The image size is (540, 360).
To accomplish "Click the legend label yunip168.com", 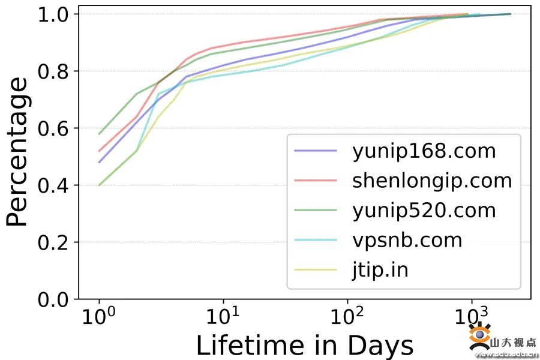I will pyautogui.click(x=424, y=151).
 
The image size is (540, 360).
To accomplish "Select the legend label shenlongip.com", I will pyautogui.click(x=432, y=181).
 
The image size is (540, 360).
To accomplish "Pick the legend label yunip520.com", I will pyautogui.click(x=424, y=211).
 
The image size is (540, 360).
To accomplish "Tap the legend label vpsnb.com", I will pyautogui.click(x=407, y=240).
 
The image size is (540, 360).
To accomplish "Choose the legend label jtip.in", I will pyautogui.click(x=380, y=270).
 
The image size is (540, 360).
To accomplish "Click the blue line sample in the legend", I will pyautogui.click(x=316, y=151).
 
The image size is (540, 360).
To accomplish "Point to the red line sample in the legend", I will pyautogui.click(x=316, y=181).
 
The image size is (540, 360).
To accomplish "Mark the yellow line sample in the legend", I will pyautogui.click(x=316, y=270).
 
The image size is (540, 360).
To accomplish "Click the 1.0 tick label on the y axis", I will pyautogui.click(x=54, y=14).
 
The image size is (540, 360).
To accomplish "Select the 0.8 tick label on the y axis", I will pyautogui.click(x=54, y=71).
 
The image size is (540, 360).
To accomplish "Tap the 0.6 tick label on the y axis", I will pyautogui.click(x=54, y=128).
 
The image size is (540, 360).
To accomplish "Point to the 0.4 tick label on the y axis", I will pyautogui.click(x=54, y=185).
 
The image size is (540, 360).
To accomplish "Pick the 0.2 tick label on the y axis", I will pyautogui.click(x=54, y=242).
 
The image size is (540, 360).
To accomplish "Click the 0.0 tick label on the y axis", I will pyautogui.click(x=54, y=299).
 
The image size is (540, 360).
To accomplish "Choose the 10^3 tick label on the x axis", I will pyautogui.click(x=472, y=317).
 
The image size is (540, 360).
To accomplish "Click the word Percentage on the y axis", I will pyautogui.click(x=18, y=151).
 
